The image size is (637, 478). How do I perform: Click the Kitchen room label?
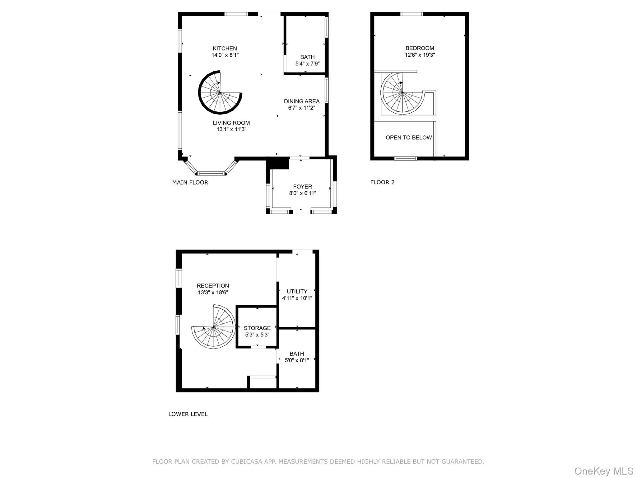pos(225,49)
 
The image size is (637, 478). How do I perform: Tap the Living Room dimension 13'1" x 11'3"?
pos(231,129)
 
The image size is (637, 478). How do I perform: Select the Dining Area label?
pos(302,101)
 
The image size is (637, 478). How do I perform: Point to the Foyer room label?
pos(302,187)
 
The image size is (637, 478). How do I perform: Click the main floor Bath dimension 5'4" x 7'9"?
pos(307,64)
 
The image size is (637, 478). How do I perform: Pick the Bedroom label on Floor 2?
pos(420,48)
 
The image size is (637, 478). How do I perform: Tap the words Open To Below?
pos(409,138)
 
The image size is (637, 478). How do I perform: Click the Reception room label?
pos(213,286)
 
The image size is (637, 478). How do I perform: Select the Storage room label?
pos(257,328)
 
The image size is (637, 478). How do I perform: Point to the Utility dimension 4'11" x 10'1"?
pos(297,298)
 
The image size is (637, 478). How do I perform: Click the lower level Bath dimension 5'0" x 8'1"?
pos(297,360)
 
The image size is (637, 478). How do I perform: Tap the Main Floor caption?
pos(190,182)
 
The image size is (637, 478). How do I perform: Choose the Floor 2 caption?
pos(382,182)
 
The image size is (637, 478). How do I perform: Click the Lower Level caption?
pos(188,414)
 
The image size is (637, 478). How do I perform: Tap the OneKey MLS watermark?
pos(604,471)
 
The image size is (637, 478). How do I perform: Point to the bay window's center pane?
pos(211,173)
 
